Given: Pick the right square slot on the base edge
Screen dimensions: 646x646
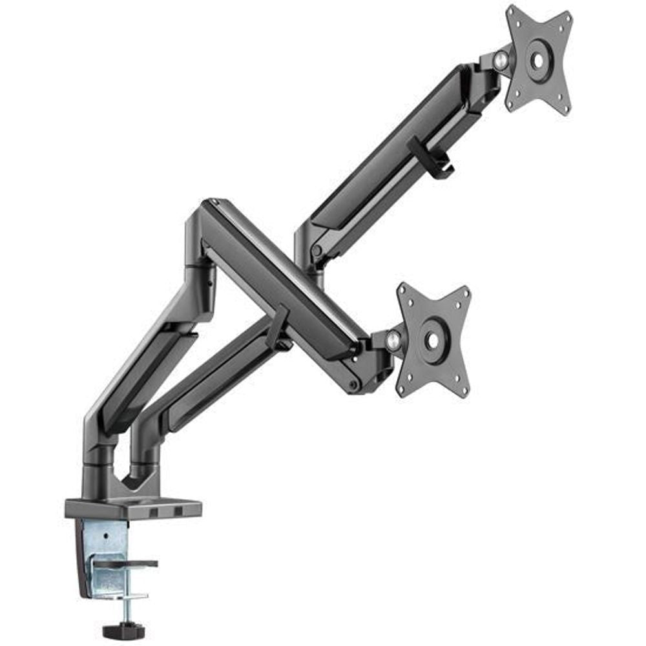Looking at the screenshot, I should click(x=177, y=512).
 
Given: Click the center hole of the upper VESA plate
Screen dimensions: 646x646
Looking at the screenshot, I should click(x=537, y=60).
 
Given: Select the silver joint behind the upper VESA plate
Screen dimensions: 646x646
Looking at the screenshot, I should click(x=501, y=61).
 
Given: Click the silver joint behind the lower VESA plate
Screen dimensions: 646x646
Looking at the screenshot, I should click(x=393, y=341).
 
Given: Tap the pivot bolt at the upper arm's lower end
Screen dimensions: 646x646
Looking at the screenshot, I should click(x=316, y=251).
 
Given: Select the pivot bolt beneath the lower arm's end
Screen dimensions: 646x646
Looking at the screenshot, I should click(x=353, y=386).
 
